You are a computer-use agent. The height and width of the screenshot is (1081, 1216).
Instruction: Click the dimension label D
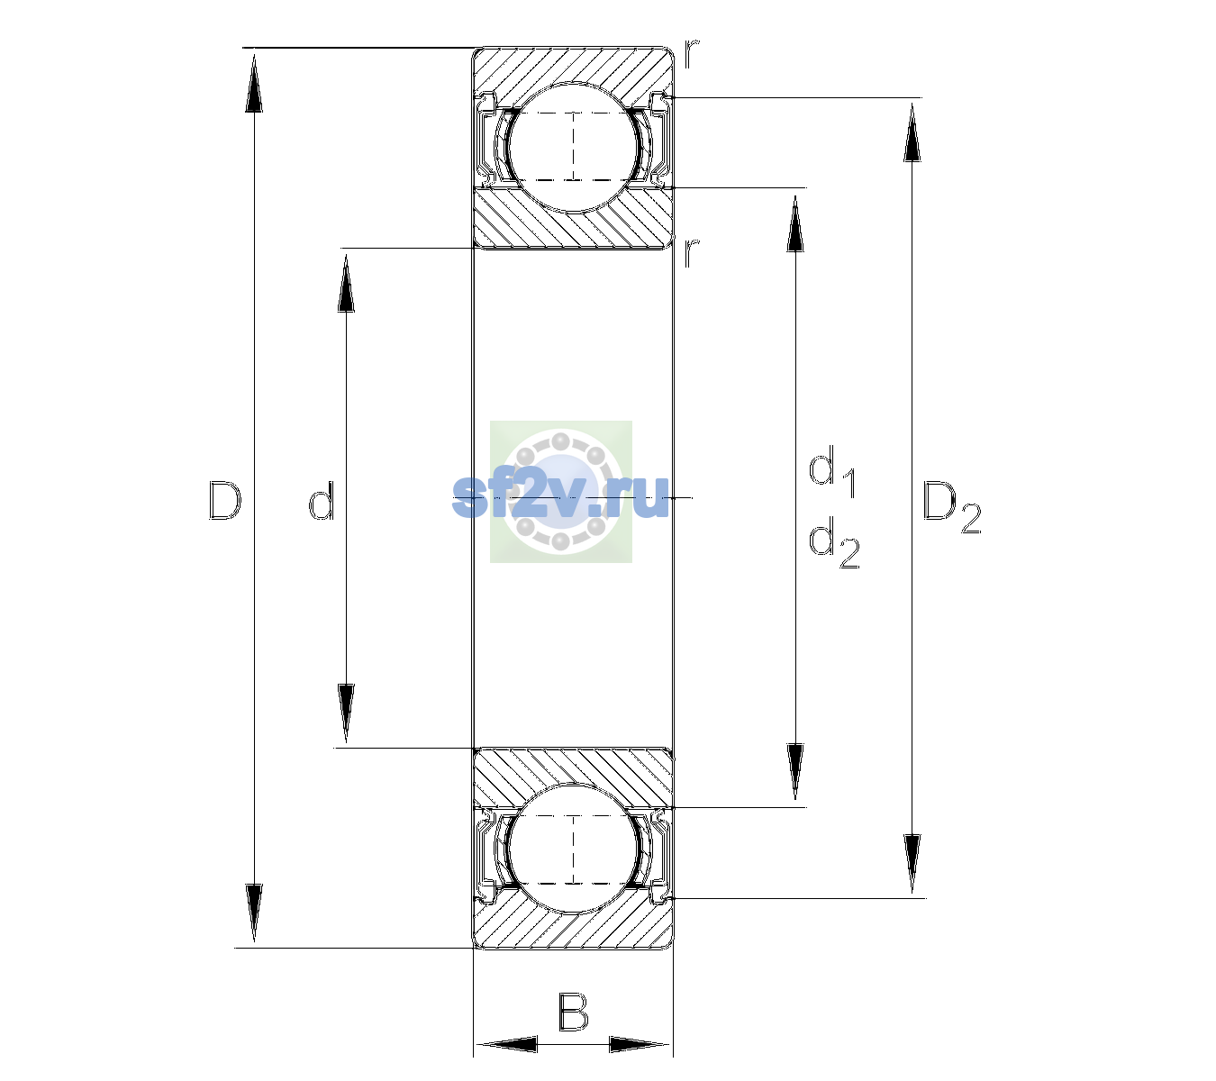(225, 500)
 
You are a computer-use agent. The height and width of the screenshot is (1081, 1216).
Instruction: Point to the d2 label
(834, 542)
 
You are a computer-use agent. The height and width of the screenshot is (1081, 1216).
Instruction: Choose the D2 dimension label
(951, 507)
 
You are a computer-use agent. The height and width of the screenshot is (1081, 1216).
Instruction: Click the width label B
(573, 1012)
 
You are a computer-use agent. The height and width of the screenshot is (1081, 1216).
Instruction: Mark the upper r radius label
(692, 53)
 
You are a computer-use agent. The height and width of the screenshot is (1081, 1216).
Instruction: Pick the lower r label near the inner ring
(692, 252)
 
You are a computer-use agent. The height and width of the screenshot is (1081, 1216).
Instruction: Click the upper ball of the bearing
(573, 147)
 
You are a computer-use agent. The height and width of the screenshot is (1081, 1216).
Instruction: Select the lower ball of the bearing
(573, 849)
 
